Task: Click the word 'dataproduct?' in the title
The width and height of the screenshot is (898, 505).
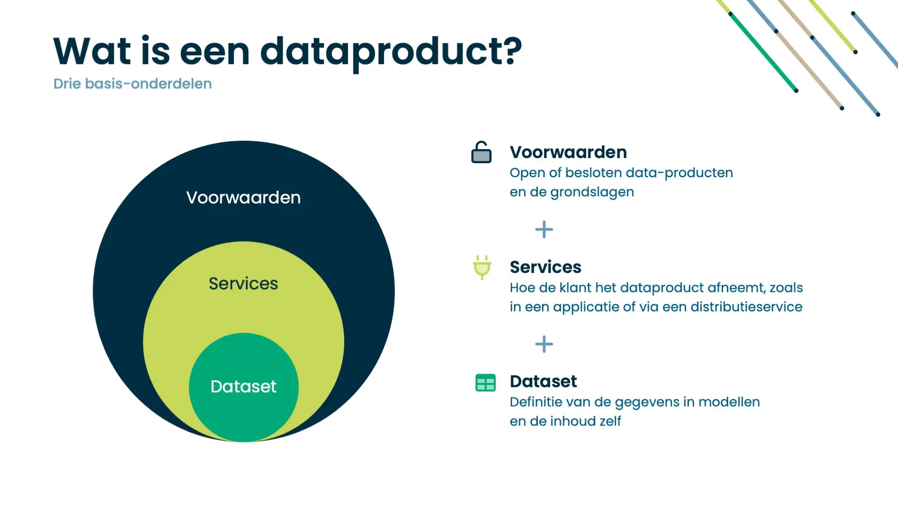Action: (x=391, y=52)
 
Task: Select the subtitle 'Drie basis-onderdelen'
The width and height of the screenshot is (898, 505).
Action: (x=132, y=84)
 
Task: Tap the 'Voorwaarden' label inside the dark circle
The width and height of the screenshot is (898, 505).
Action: (x=243, y=197)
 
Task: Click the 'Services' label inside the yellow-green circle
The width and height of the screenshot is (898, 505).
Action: (x=243, y=283)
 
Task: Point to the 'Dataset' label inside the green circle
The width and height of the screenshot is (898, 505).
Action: (x=243, y=387)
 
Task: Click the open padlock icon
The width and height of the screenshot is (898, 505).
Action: (x=481, y=152)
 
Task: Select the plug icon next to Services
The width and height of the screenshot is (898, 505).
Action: (x=482, y=267)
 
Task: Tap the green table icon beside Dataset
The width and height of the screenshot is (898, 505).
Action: (x=485, y=382)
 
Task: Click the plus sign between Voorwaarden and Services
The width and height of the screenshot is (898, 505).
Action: (x=544, y=230)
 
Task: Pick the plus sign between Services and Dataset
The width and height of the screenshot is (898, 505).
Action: (x=544, y=344)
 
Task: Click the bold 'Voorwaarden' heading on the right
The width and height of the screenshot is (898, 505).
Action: (x=568, y=152)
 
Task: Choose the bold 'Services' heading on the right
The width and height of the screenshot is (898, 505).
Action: (x=545, y=267)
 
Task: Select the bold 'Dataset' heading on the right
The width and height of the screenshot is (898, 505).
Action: (x=543, y=382)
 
